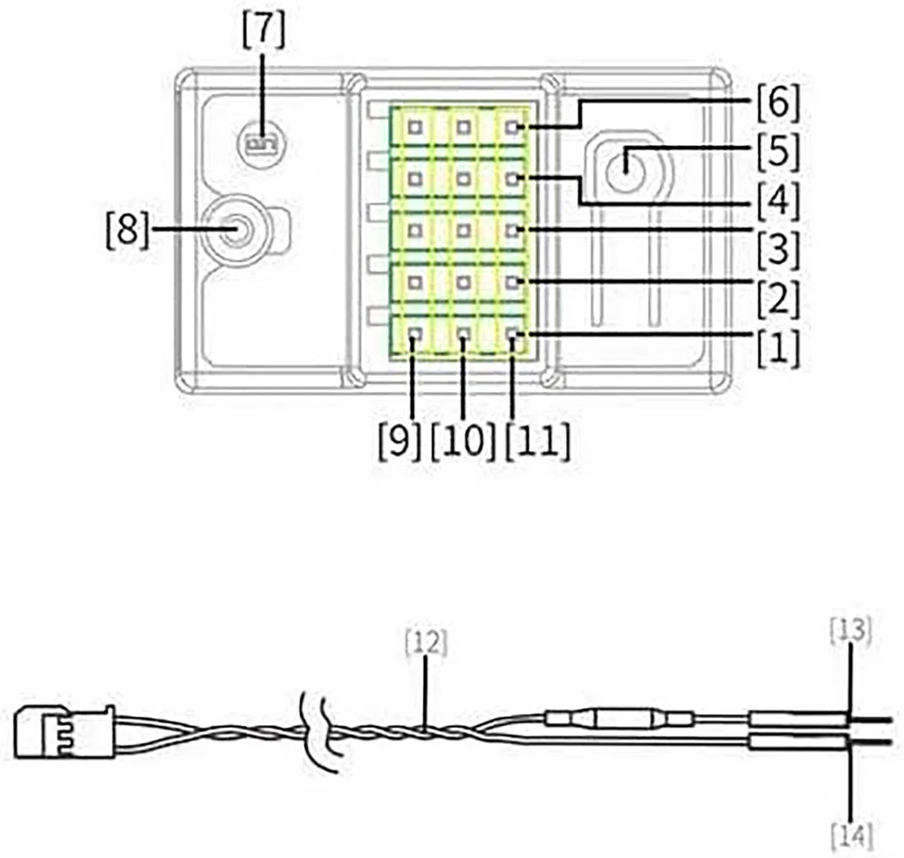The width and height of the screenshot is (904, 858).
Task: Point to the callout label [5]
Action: coord(776,151)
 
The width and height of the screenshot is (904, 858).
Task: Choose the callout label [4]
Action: coord(776,200)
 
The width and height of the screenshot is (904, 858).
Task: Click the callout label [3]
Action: coord(776,249)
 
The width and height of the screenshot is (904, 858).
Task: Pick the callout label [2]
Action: coord(776,299)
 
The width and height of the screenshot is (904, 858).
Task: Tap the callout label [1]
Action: coord(776,349)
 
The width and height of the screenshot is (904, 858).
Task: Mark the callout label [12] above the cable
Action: coord(425,644)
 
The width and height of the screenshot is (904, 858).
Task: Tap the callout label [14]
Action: coord(850,834)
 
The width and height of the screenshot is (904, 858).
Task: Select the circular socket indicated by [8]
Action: coord(236,227)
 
